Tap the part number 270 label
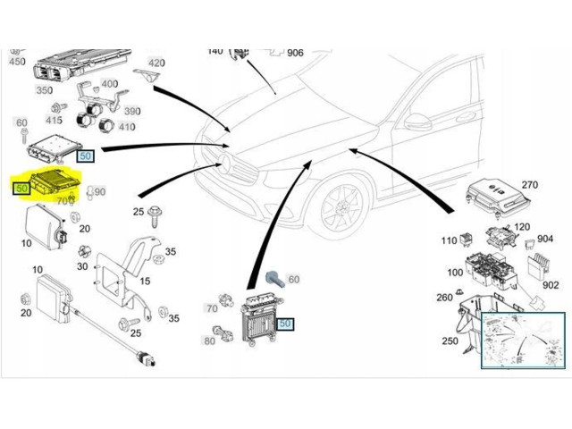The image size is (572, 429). coord(530,185)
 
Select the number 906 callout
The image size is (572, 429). coord(295,53)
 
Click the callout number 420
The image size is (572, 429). coord(156,63)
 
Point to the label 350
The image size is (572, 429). coord(44,91)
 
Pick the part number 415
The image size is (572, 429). coord(55,120)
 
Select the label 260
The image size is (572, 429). coord(443,298)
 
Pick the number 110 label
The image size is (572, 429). coord(449,241)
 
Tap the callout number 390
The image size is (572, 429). coord(131,111)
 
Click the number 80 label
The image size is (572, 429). coord(210,341)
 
